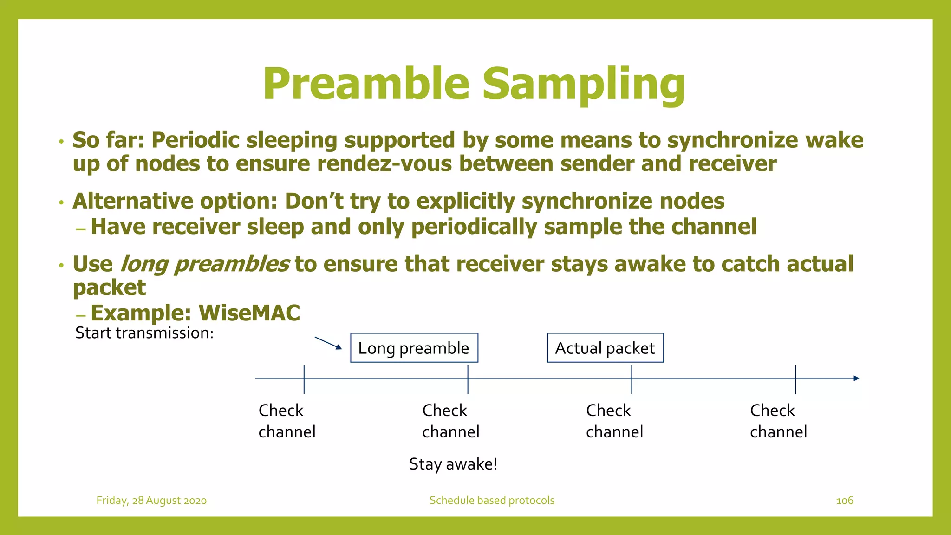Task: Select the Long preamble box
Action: [414, 348]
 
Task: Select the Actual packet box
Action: [605, 348]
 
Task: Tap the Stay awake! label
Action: [453, 464]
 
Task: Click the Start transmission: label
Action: [144, 333]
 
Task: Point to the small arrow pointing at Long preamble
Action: [328, 343]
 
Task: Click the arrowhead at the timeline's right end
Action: [856, 378]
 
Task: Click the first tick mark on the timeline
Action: [304, 379]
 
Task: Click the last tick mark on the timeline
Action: [795, 379]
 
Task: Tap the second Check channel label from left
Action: [450, 421]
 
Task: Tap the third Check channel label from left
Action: [614, 421]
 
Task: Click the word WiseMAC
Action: [249, 313]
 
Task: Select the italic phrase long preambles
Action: [204, 264]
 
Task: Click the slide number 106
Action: [844, 500]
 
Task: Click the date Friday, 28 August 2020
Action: [151, 500]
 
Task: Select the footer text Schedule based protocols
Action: [492, 500]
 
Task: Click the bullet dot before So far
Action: [61, 142]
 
